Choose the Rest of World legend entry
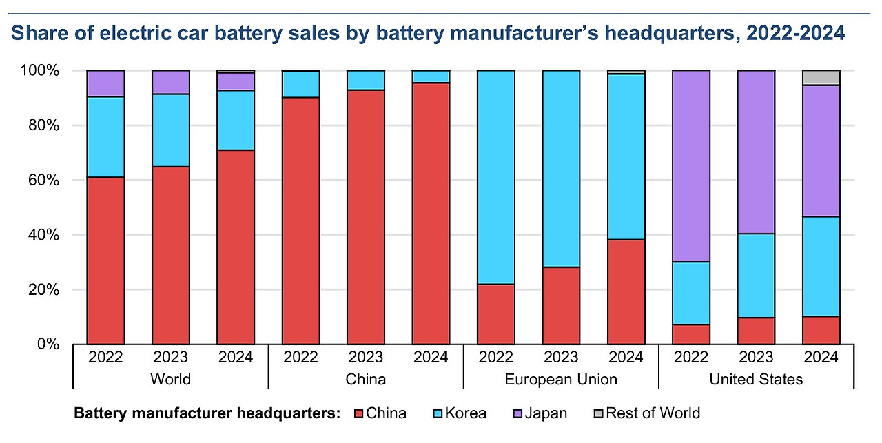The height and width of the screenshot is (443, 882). (x=646, y=413)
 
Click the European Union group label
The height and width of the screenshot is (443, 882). (x=561, y=379)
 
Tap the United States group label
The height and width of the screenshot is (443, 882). (x=756, y=379)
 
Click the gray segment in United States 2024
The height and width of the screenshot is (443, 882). (x=821, y=78)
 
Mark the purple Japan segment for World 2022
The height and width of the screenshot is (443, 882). (x=105, y=83)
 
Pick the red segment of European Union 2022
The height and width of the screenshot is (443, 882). (x=496, y=313)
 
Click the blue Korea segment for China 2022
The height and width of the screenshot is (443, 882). (x=300, y=83)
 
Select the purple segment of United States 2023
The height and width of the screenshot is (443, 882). (x=757, y=152)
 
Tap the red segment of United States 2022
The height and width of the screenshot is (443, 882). (x=691, y=334)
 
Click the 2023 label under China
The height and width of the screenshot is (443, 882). (x=366, y=358)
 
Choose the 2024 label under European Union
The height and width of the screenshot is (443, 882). (x=626, y=358)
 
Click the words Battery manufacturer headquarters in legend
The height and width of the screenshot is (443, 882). (x=207, y=413)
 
